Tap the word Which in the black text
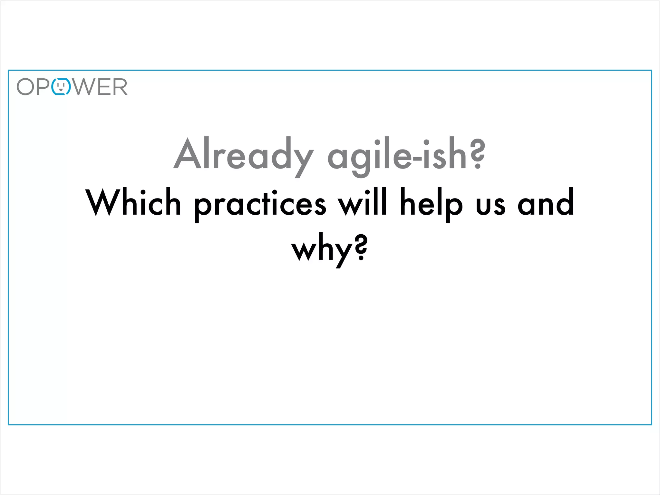133,203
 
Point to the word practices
260,204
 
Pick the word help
431,204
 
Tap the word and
546,203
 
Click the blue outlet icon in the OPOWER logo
61,87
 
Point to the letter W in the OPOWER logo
84,87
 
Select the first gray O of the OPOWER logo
25,87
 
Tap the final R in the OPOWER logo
120,87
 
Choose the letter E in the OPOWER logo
103,87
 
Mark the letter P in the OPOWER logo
43,87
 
